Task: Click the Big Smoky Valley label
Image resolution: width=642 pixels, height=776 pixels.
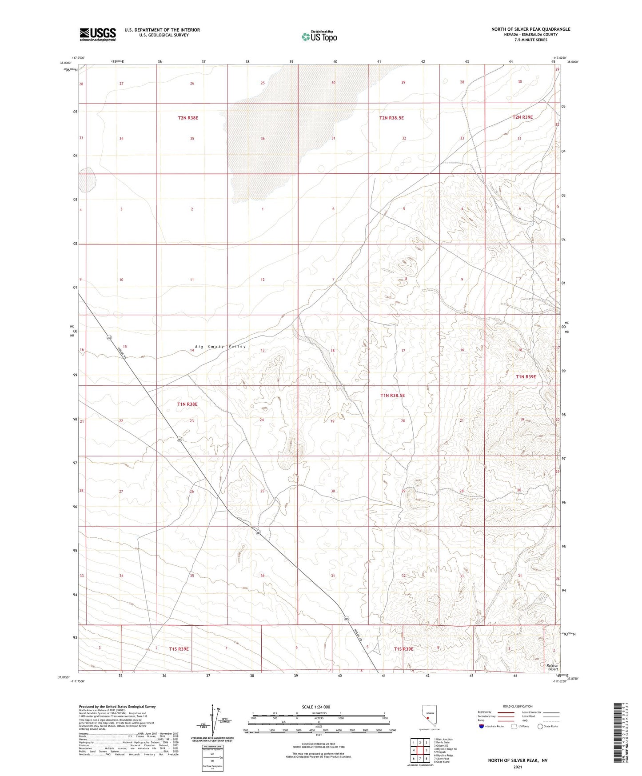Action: pos(220,347)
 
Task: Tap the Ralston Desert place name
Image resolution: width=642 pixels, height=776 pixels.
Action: pos(553,667)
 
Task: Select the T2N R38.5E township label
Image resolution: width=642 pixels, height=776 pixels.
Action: pos(391,118)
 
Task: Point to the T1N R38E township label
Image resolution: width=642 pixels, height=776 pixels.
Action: pos(187,404)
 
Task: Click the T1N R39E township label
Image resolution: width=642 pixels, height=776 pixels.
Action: pos(526,376)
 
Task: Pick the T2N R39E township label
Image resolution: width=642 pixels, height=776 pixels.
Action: pos(522,117)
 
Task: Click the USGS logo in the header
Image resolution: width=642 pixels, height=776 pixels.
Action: pos(98,34)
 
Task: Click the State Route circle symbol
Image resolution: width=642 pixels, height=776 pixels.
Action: pos(540,726)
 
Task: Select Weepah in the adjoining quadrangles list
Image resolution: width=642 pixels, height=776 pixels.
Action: pos(441,752)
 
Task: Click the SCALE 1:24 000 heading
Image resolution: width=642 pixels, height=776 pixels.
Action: pos(315,707)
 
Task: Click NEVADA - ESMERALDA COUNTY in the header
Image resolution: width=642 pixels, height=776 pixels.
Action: pos(530,35)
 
